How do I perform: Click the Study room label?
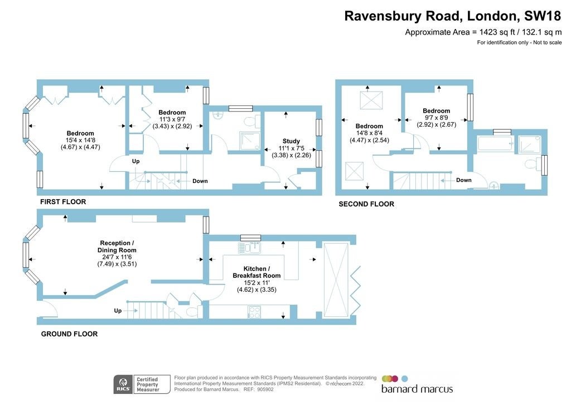(x=291, y=141)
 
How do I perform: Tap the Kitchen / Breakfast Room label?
(x=257, y=272)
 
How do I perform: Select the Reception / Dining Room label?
(x=117, y=247)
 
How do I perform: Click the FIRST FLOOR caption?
(x=63, y=202)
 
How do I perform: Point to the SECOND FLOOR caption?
(x=366, y=204)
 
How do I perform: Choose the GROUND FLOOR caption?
(x=69, y=334)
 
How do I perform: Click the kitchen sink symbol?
(x=249, y=248)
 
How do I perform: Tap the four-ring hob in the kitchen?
(x=254, y=312)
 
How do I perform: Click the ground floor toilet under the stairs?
(x=192, y=312)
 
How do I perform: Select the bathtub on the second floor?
(x=495, y=143)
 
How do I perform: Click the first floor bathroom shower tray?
(x=249, y=141)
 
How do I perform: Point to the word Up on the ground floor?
(x=118, y=311)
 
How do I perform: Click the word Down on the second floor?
(x=463, y=180)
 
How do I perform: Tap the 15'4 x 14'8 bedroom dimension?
(x=80, y=140)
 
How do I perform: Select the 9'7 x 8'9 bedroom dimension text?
(x=436, y=118)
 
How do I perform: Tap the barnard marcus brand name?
(x=417, y=389)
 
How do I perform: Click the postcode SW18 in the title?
(x=543, y=16)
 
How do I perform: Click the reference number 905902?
(x=265, y=389)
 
